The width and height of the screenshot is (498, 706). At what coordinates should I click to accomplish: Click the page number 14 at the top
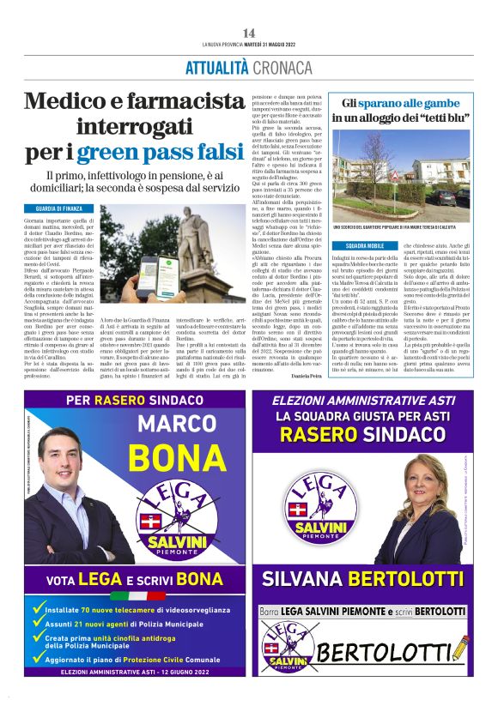pos(249,33)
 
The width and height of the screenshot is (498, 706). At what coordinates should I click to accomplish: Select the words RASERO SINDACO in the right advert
pos(372,434)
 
